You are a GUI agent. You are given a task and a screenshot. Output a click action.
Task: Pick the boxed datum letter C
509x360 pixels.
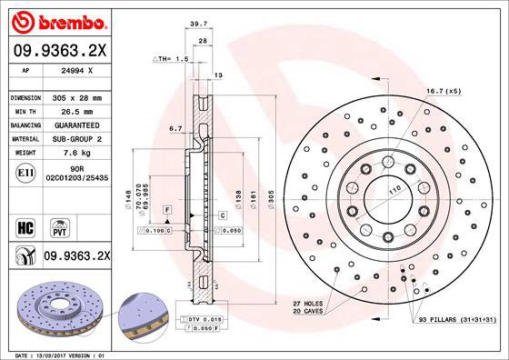[x=223, y=215]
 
